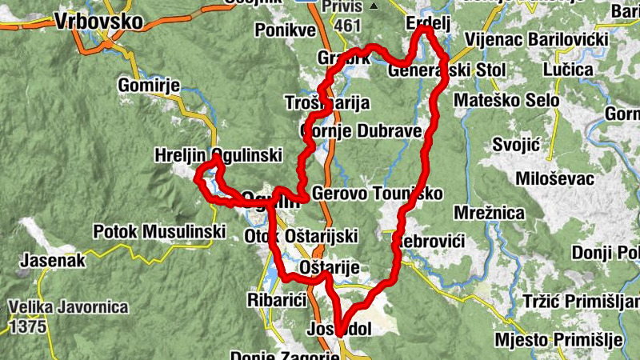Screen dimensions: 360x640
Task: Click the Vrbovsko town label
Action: (98, 22)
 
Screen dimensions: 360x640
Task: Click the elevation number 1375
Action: (26, 326)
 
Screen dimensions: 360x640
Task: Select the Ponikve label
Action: (286, 30)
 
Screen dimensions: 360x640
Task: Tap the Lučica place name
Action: (567, 70)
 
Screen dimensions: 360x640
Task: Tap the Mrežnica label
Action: (488, 213)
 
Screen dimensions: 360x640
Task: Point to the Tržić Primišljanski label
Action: (580, 301)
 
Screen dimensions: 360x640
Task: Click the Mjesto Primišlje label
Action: (558, 339)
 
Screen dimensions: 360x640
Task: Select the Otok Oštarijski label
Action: (300, 235)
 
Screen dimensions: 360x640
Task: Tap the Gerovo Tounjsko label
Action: (377, 194)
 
